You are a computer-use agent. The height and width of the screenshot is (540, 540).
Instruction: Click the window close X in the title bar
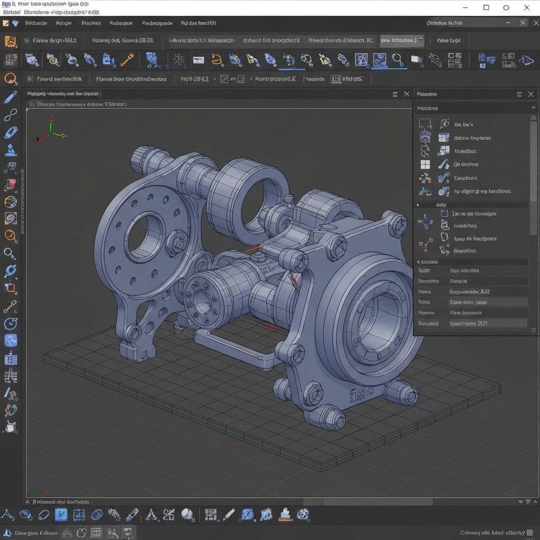pos(526,7)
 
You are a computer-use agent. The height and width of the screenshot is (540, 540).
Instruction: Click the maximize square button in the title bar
pos(486,7)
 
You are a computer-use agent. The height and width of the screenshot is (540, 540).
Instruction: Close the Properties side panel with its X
pos(531,94)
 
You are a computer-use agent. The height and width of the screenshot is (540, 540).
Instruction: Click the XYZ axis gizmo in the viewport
pos(51,131)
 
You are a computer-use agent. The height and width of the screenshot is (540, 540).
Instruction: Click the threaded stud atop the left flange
pos(142,157)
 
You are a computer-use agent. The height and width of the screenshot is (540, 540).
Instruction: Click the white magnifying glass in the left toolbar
pos(10,254)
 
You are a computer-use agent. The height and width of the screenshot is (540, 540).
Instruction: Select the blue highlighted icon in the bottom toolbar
pos(61,515)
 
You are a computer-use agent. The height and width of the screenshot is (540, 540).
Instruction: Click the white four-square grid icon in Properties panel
pos(425,165)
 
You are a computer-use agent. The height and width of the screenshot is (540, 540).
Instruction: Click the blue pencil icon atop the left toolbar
pos(10,97)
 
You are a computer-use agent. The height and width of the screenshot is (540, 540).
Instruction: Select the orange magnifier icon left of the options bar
pos(10,79)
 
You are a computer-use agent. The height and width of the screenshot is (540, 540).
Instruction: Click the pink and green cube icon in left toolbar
pos(10,185)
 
